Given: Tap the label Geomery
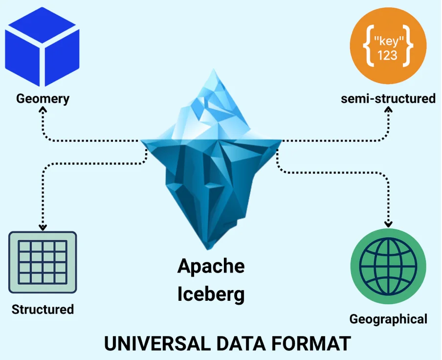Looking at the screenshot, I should (x=43, y=98).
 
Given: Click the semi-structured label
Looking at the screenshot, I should (x=388, y=98).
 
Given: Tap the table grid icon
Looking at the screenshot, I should (x=43, y=262).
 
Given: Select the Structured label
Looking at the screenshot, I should (x=43, y=310).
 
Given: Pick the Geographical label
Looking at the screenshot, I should (x=388, y=319).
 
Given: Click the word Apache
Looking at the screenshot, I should (x=211, y=267).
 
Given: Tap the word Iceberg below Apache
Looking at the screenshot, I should (x=211, y=294).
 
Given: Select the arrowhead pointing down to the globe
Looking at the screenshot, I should (x=389, y=224).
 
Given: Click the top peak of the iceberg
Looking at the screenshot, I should (x=214, y=71).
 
